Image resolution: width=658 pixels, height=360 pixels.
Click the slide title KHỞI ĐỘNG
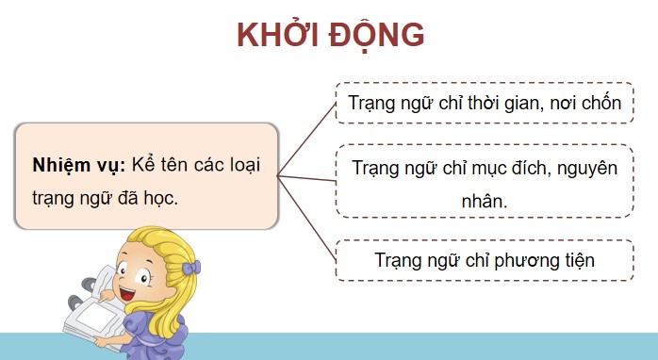330,35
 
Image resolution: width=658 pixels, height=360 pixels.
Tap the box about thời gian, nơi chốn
484,103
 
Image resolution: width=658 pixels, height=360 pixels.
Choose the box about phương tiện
484,260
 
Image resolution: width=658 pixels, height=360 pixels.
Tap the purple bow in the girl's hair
192,268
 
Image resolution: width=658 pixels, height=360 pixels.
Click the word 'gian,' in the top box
517,103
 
